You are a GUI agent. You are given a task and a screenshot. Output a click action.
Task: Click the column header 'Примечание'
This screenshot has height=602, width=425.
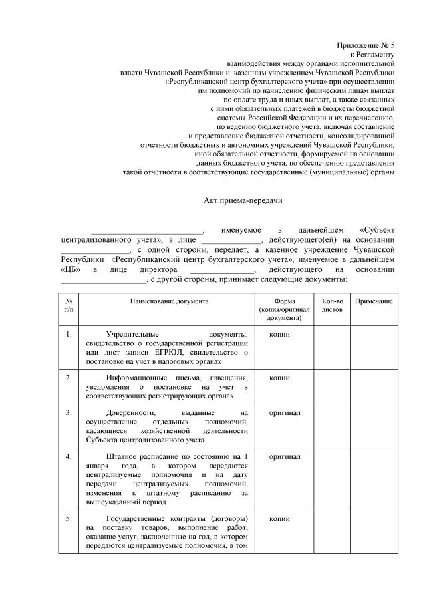coord(374,301)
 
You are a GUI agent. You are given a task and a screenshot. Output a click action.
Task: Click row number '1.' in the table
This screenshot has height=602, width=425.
coord(69,333)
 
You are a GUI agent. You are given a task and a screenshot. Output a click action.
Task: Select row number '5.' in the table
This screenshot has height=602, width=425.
coord(69,518)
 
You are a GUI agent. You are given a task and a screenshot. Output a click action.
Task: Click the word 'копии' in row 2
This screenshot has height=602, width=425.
coord(279,377)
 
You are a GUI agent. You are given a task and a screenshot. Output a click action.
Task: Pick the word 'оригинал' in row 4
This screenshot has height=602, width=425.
coord(284,457)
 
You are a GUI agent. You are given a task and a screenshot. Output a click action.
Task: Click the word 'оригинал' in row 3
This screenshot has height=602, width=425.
coord(284,413)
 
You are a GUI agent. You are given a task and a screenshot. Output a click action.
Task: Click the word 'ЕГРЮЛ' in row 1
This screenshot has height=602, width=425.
coord(170,351)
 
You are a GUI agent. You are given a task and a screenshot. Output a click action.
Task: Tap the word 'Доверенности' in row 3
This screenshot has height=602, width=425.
coord(133,413)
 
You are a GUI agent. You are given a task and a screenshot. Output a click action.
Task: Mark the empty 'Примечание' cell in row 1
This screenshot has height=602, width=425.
coord(374,347)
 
